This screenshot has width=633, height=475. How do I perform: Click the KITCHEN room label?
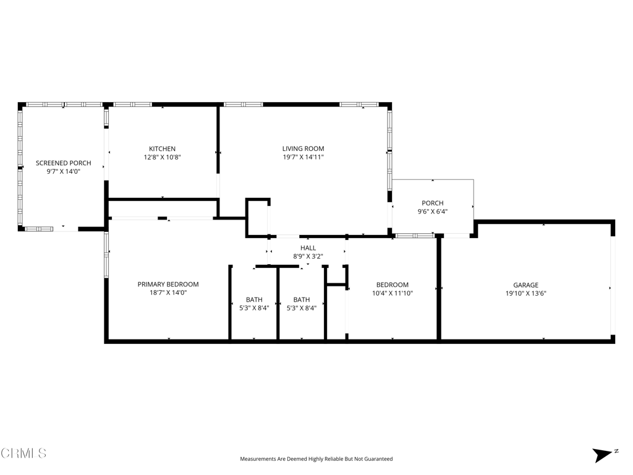pos(163,148)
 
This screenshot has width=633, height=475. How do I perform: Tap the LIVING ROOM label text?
pos(303,148)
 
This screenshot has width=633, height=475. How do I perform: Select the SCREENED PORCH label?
pos(64,163)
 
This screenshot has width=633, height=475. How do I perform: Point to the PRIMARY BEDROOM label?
pos(168,285)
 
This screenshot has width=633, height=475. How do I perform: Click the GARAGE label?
pos(525,285)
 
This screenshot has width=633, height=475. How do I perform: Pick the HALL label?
pos(308,248)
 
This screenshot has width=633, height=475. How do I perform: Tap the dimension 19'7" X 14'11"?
pos(303,157)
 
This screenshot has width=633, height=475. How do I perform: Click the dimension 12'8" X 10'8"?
pos(163,157)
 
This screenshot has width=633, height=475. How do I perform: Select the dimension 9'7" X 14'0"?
pos(64,172)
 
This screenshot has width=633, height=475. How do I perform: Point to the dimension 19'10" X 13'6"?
pos(525,294)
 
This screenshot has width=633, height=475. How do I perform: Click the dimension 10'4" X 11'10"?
pos(393,293)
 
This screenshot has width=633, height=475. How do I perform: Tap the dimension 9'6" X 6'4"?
pos(432,212)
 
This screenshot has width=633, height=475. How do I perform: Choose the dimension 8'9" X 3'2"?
pos(308,257)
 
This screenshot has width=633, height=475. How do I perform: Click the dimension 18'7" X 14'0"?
pos(168,293)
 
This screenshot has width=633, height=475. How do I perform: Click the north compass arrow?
pos(603,455)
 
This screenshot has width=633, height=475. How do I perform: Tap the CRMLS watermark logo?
pos(23,453)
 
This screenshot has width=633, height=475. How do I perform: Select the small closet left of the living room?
pos(258,217)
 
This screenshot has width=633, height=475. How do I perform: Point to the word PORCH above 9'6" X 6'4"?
pos(432,203)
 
